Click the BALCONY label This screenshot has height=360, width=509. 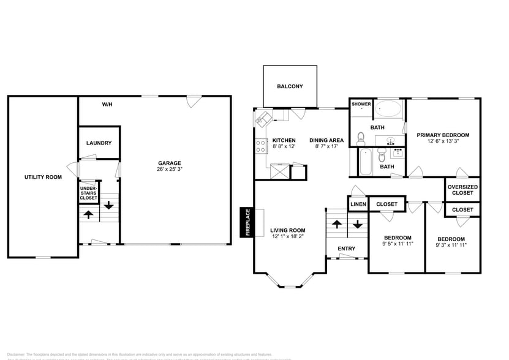[x=290, y=86]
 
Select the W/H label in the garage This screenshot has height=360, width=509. [x=107, y=105]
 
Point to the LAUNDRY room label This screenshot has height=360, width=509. [x=99, y=143]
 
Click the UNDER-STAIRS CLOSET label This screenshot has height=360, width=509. [x=88, y=193]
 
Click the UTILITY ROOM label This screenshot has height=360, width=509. [x=43, y=177]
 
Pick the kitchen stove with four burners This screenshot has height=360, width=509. [x=260, y=146]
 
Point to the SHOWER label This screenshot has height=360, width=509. [x=361, y=104]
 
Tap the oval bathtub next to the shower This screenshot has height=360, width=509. [x=388, y=110]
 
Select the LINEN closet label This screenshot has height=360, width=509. [x=358, y=204]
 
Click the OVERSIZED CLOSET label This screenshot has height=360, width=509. [x=462, y=190]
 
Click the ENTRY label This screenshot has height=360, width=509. [x=346, y=248]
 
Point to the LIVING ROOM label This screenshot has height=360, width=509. [x=287, y=230]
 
